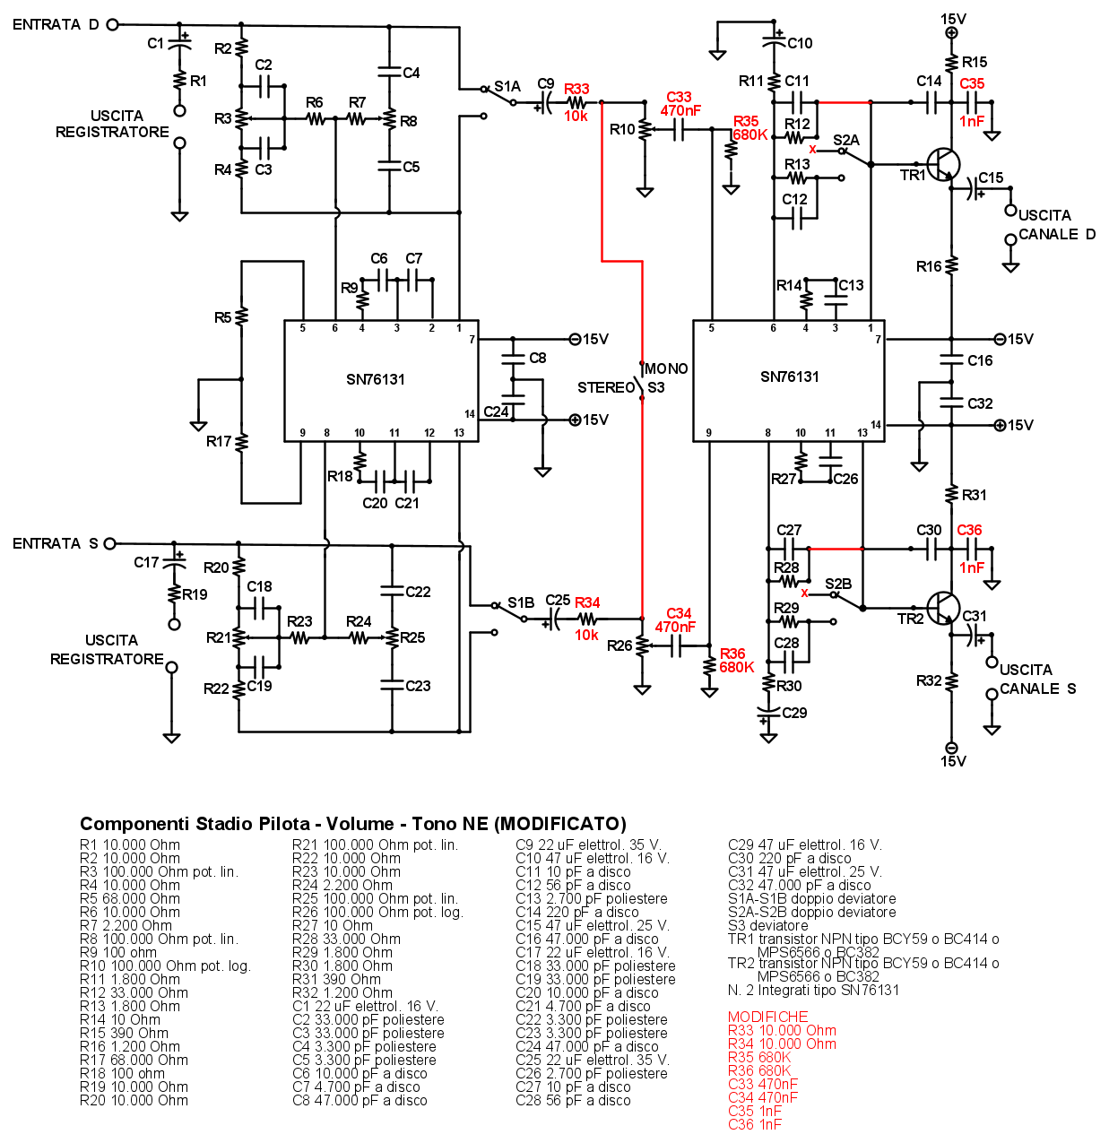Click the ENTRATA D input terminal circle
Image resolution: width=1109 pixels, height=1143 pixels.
click(x=112, y=25)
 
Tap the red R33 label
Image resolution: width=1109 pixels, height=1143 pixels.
click(x=576, y=89)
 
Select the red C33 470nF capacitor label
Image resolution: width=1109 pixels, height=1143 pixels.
click(x=680, y=104)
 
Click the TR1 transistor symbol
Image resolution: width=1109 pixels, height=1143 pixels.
click(x=942, y=165)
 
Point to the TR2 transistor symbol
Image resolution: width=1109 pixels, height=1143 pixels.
click(x=942, y=608)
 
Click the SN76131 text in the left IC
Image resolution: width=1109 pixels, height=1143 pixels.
click(x=376, y=379)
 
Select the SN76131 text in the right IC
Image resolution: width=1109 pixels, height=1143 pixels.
click(x=790, y=377)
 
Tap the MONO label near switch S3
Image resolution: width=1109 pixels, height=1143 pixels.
click(x=666, y=368)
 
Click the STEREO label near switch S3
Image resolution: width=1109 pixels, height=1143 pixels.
click(x=605, y=387)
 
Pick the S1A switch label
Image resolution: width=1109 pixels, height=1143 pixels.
click(x=507, y=86)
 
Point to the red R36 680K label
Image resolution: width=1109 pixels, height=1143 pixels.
click(x=735, y=661)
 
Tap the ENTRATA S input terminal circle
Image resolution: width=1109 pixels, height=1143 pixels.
click(x=110, y=543)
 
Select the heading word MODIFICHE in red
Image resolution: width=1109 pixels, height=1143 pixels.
click(x=767, y=1017)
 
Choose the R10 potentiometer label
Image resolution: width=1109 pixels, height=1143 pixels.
click(x=622, y=129)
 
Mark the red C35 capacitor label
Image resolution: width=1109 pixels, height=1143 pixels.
click(x=972, y=83)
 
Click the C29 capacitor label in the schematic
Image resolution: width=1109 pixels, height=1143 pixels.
click(x=794, y=713)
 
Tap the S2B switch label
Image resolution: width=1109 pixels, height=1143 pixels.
click(x=838, y=584)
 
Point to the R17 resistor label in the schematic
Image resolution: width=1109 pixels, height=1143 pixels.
click(x=219, y=441)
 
